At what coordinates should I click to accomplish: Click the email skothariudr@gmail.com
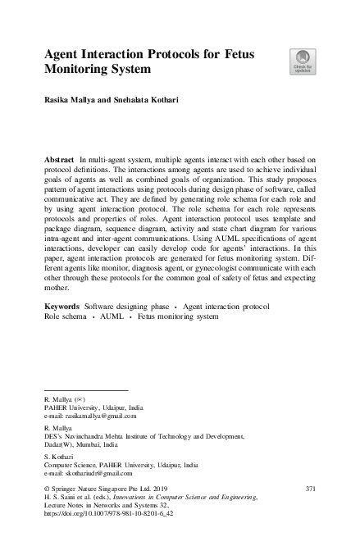tap(98, 473)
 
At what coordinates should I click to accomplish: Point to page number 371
tap(309, 488)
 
